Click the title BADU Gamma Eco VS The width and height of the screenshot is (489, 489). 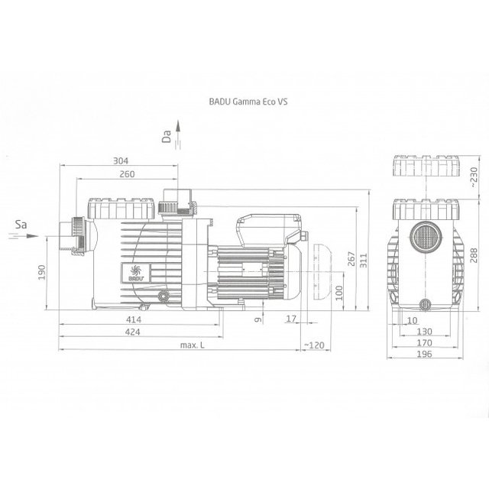tap(248, 102)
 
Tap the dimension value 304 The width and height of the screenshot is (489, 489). tap(121, 161)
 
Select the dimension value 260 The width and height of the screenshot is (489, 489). tap(128, 174)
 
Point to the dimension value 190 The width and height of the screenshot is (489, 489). tap(42, 272)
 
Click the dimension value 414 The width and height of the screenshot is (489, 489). tap(134, 319)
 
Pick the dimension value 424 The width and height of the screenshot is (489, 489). tap(132, 332)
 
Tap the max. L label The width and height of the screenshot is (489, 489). tap(193, 345)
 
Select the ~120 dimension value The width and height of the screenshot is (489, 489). tap(314, 345)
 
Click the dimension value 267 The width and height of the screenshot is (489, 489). tap(351, 259)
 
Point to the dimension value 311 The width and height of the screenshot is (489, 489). tap(364, 261)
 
